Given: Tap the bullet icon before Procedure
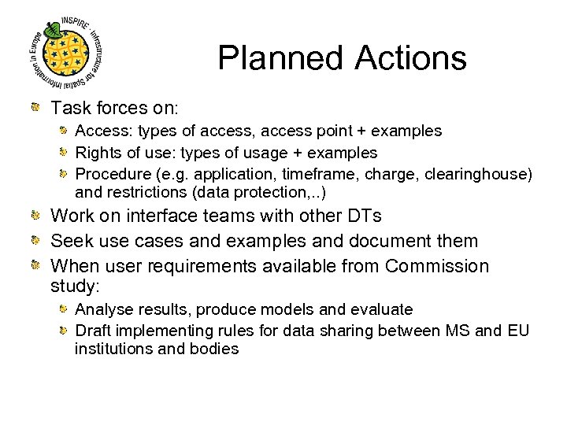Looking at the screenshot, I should pos(65,173).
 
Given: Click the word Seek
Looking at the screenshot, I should pos(69,241).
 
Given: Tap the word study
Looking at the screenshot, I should pos(75,284).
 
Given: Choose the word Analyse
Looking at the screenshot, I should pos(102,309).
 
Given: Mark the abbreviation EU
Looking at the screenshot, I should pos(518,331).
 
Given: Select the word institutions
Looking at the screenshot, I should pos(113,349).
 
